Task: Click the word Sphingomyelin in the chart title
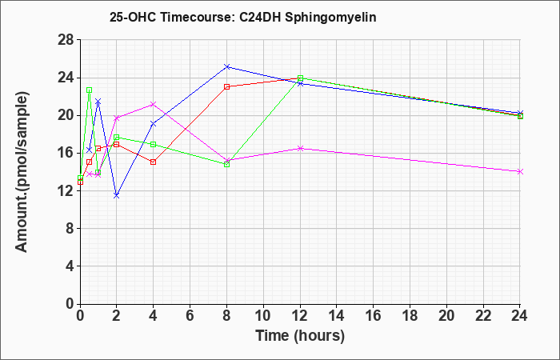330,18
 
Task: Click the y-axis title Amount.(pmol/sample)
22,172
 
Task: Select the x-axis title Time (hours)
300,336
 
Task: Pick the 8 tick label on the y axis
70,229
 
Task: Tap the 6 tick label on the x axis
190,316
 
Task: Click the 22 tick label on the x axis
483,316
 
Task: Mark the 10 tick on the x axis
263,316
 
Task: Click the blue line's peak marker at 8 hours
226,66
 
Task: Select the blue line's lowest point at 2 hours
117,196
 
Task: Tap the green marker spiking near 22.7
90,90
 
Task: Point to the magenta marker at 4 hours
154,104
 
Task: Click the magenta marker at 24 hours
520,172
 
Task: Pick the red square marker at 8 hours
226,86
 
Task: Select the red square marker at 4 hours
154,162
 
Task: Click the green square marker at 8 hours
226,165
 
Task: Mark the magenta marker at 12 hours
300,148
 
